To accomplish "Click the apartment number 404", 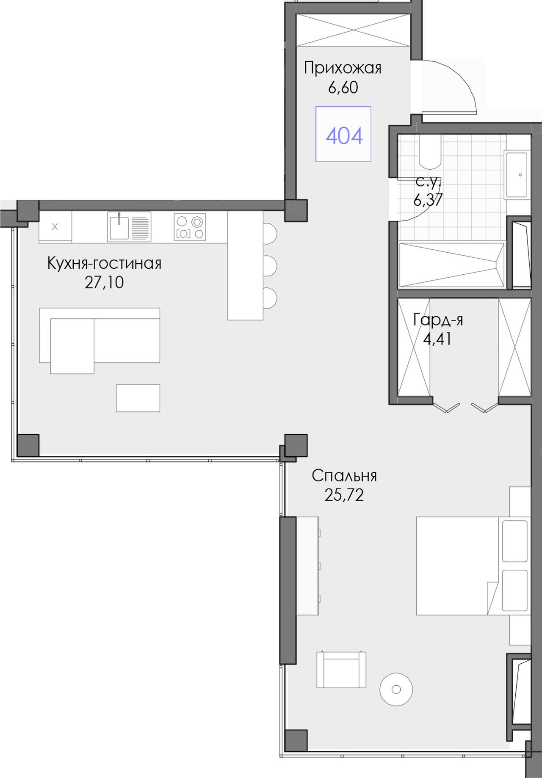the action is pyautogui.click(x=344, y=136).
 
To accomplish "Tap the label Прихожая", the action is pyautogui.click(x=343, y=68).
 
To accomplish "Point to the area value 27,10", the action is pyautogui.click(x=104, y=282).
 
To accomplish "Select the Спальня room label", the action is pyautogui.click(x=344, y=476).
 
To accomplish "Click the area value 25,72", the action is pyautogui.click(x=344, y=495).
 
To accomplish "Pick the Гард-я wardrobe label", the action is pyautogui.click(x=438, y=320).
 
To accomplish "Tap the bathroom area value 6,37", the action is pyautogui.click(x=428, y=200).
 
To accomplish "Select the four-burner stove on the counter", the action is pyautogui.click(x=190, y=227).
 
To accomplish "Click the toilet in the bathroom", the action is pyautogui.click(x=430, y=151).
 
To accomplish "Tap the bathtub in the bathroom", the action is pyautogui.click(x=452, y=265).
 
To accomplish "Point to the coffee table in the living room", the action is pyautogui.click(x=138, y=398).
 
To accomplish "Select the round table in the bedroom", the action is pyautogui.click(x=396, y=690).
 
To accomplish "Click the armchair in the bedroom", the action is pyautogui.click(x=341, y=669).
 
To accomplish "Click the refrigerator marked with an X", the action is pyautogui.click(x=55, y=227).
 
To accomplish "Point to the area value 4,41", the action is pyautogui.click(x=437, y=339).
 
